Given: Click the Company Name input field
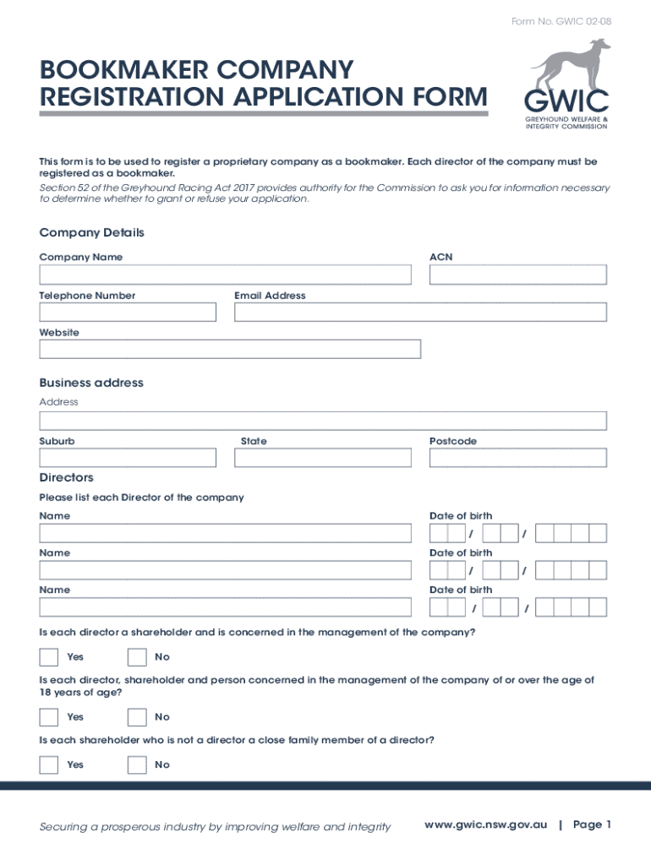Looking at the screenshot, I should tap(225, 275).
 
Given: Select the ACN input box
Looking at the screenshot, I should tap(517, 275).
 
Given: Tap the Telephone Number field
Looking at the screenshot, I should tap(128, 312).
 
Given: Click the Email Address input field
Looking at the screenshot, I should tap(420, 312).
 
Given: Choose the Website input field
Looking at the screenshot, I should tap(230, 349).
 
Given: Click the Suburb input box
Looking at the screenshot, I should tap(128, 457).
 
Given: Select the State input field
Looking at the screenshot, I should tap(322, 457).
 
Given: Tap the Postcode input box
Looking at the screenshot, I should tap(517, 457).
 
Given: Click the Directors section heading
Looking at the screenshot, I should tap(66, 478).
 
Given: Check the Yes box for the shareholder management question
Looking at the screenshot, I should tap(48, 657).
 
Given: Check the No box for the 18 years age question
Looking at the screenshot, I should tap(137, 717).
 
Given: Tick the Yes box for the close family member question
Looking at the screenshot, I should tap(48, 765).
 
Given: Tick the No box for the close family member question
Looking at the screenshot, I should tap(137, 765).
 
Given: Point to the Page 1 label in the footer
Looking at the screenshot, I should tap(592, 824).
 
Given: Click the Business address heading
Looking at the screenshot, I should tap(91, 383).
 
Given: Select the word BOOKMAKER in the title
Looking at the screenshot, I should tap(119, 68).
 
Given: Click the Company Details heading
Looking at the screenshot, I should tap(91, 232).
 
